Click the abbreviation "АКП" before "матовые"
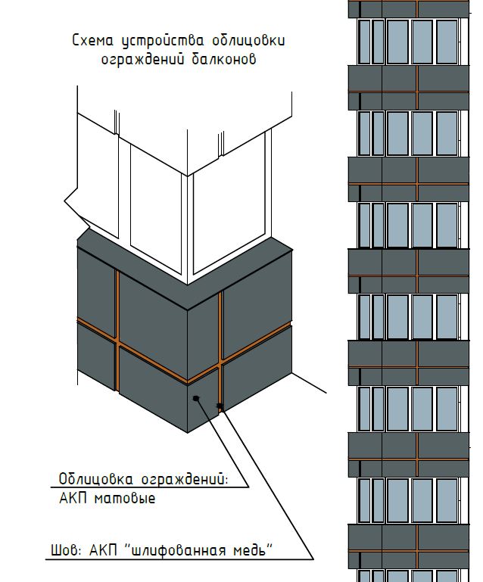pos(73,499)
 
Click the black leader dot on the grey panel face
pos(195,397)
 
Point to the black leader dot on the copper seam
pos(220,407)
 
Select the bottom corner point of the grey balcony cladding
pos(187,433)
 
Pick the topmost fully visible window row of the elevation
pos(409,42)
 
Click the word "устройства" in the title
pos(154,39)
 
